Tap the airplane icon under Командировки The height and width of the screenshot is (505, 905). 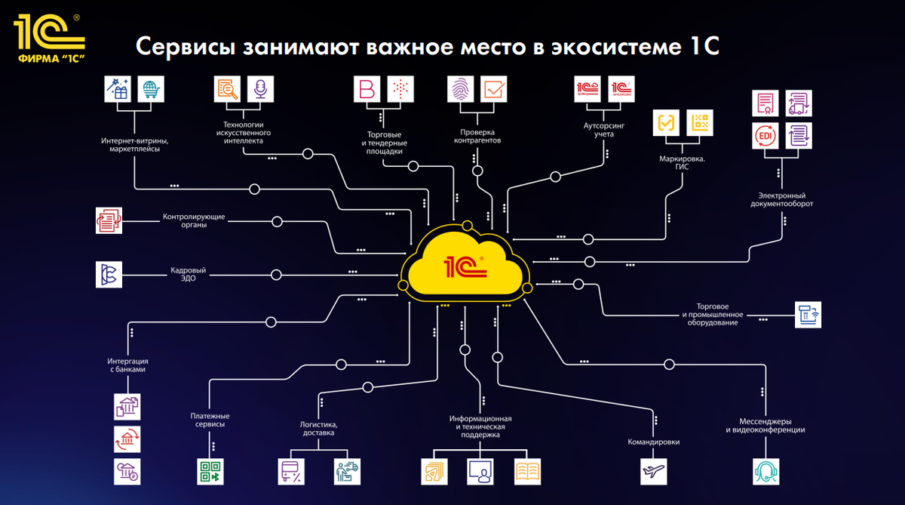[653, 472]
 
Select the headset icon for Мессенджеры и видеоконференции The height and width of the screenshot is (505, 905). [765, 472]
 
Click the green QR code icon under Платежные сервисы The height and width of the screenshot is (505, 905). [209, 471]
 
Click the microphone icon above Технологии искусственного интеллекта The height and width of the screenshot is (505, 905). [260, 89]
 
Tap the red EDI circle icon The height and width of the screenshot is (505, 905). [765, 135]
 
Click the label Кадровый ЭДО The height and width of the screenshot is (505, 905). [188, 274]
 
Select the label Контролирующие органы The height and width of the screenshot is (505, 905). [194, 221]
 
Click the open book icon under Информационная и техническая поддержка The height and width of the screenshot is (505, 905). [527, 472]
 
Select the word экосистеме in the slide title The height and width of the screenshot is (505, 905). [612, 48]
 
